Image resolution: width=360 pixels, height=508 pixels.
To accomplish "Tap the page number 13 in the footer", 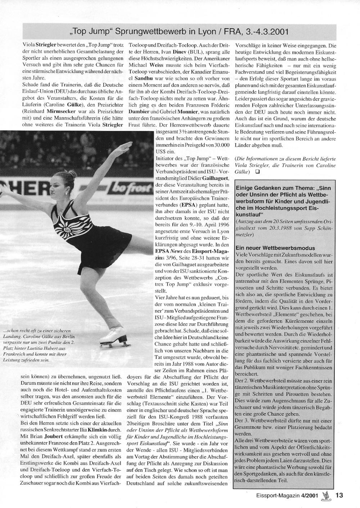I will click(339, 495).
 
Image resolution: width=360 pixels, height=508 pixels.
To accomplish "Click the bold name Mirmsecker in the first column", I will click(63, 112).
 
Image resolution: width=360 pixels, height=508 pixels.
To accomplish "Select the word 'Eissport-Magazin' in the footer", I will click(281, 495).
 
